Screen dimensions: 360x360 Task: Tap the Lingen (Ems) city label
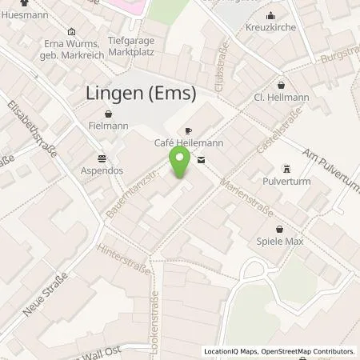[140, 94]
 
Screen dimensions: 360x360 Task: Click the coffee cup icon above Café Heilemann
[188, 130]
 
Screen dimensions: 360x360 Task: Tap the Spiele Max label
[280, 241]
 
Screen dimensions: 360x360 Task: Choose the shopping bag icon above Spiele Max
[280, 227]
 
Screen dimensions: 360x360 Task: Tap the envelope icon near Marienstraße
[201, 160]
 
